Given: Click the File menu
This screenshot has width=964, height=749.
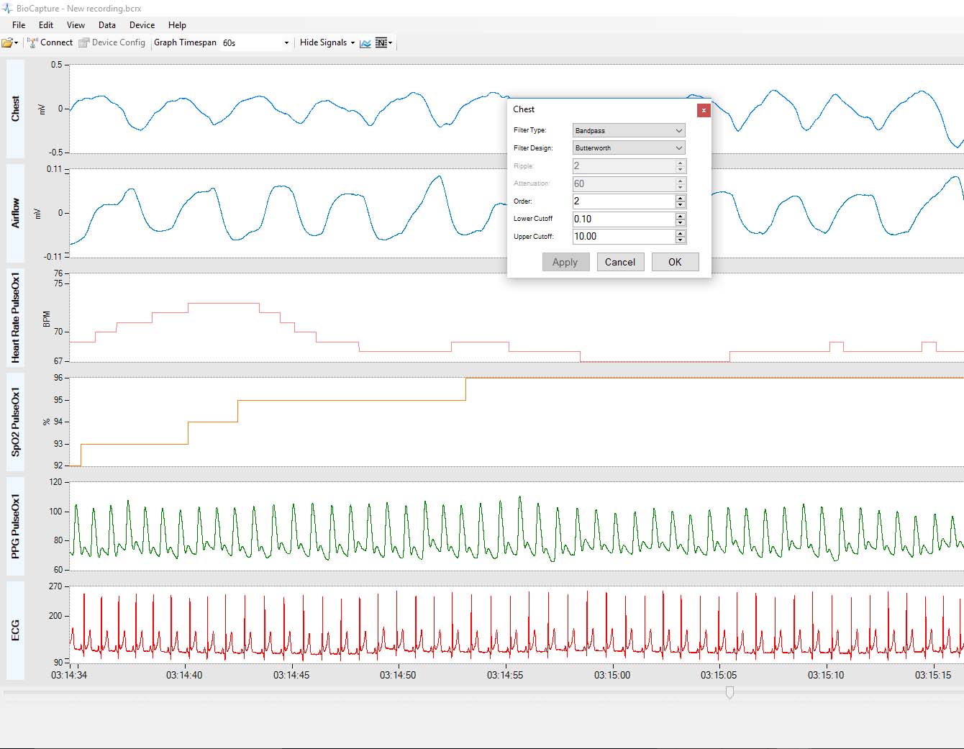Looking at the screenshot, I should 19,25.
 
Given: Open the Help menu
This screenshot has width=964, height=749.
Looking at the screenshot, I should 177,25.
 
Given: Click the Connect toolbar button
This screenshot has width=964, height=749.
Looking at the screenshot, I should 50,42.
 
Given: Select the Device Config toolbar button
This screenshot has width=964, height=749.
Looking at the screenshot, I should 112,42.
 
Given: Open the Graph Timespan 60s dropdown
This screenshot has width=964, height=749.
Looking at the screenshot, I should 255,43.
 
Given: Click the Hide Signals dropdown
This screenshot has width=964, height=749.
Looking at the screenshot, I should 327,42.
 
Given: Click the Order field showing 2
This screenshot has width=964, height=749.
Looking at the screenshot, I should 623,201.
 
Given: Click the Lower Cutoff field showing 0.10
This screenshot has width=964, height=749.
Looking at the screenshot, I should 623,219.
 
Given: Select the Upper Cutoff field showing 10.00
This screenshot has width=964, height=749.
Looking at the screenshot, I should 623,237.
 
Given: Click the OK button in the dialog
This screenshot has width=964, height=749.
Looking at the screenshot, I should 675,262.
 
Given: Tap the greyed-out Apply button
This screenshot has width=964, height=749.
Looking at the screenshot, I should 565,262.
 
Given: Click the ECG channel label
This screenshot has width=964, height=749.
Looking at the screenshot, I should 15,630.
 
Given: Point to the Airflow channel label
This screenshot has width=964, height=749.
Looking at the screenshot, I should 15,213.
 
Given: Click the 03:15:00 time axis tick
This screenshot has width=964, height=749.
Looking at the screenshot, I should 612,675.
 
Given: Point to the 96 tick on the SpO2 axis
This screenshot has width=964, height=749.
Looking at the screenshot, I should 58,378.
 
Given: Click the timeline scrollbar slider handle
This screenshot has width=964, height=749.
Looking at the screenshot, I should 729,692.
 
